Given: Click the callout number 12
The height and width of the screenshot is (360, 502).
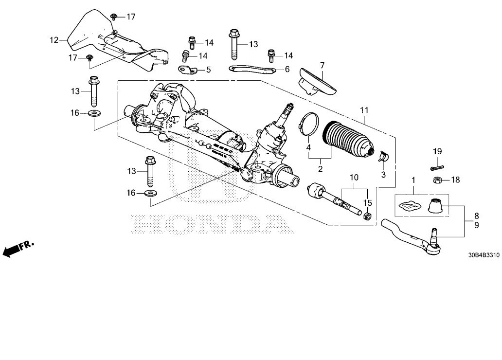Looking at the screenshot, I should click(54, 39).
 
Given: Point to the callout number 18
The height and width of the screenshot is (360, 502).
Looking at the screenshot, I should click(455, 180).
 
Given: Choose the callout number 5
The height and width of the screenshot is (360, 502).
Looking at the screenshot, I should click(208, 70).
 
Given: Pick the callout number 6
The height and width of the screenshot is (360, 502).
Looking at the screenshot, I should click(287, 70).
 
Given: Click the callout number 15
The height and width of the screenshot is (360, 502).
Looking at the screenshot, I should click(368, 202).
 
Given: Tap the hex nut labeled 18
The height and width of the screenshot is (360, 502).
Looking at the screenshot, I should click(437, 180).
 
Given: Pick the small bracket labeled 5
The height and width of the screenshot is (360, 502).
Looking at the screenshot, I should click(187, 70).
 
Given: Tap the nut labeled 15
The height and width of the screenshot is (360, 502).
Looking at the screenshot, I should click(368, 215).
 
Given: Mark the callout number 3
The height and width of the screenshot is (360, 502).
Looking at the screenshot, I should click(383, 174).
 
